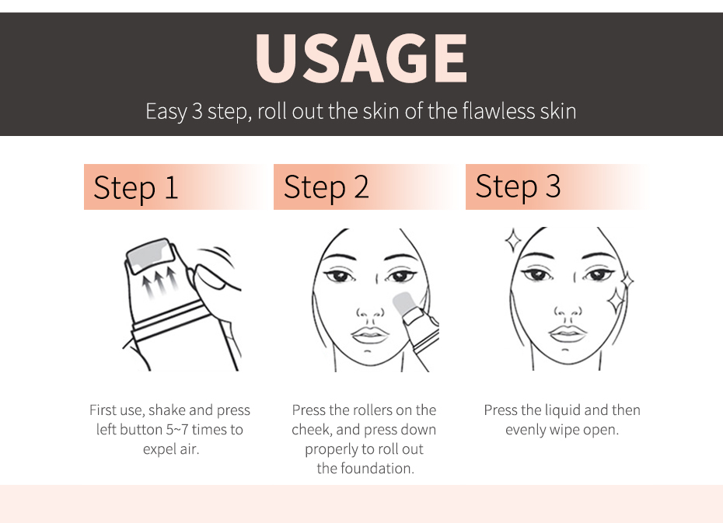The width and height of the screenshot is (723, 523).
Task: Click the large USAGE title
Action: point(361,58)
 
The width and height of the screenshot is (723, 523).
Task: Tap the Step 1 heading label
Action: point(135,187)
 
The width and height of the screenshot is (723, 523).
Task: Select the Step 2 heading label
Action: point(326,187)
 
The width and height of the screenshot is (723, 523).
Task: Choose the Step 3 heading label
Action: point(518,187)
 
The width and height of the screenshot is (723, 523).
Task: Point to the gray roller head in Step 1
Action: point(150,255)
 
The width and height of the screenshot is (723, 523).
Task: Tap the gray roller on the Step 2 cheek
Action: point(404,305)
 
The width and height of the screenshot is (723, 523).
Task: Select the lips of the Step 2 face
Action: point(368,334)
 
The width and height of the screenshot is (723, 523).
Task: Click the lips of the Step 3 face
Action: point(568,333)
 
